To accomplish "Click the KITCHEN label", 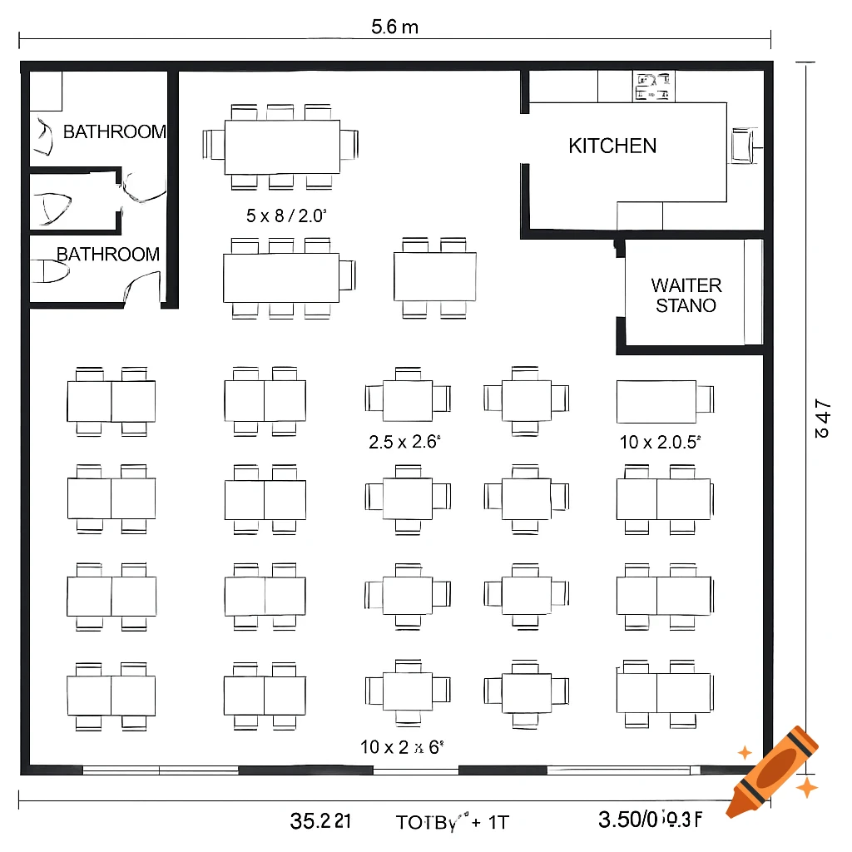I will coord(612,146).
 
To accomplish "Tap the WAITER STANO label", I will coord(686,295).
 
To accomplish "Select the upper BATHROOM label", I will coord(114,131).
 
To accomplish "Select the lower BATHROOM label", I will coord(108,255).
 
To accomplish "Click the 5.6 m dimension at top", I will coord(394,27).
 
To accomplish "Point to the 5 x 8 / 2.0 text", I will coord(285,216).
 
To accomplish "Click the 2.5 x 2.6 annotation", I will coord(404,443).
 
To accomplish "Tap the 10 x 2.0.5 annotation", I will coord(661,443).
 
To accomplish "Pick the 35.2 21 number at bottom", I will coord(320,821).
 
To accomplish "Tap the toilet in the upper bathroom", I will coord(43,136).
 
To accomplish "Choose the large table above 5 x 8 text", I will coord(282,146).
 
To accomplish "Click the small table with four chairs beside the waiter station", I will coord(435,277).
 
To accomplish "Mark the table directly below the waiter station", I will coord(656,401).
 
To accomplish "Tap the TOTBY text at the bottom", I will coord(450,822).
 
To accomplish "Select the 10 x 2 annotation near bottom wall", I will coord(399,747).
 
